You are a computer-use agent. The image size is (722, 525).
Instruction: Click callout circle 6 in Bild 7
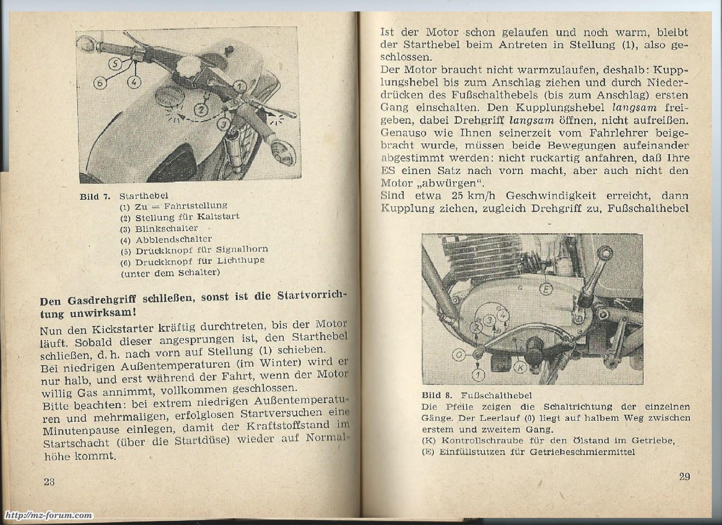pyautogui.click(x=100, y=83)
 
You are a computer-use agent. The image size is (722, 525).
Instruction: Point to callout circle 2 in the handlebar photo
pyautogui.click(x=201, y=110)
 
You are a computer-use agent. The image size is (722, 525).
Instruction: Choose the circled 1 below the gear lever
pyautogui.click(x=478, y=375)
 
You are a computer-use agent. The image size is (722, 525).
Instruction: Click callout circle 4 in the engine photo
pyautogui.click(x=503, y=314)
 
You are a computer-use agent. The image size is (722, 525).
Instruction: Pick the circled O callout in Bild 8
pyautogui.click(x=459, y=355)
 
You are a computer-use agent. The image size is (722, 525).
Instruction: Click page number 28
pyautogui.click(x=49, y=482)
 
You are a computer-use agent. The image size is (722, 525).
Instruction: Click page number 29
pyautogui.click(x=684, y=477)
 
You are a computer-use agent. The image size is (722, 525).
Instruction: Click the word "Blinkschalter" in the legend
pyautogui.click(x=166, y=228)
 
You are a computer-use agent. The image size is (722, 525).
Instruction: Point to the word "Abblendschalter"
pyautogui.click(x=173, y=239)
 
